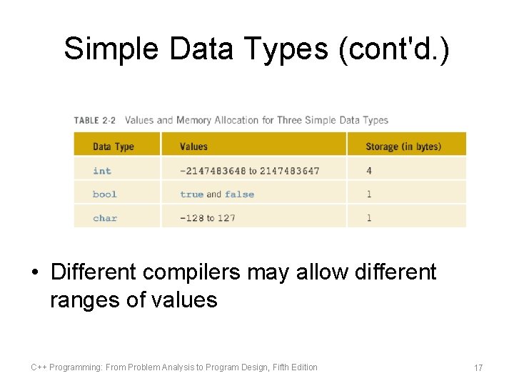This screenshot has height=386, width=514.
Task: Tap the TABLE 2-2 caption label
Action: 95,120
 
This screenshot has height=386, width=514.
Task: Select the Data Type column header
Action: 113,147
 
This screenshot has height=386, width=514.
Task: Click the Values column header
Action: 193,147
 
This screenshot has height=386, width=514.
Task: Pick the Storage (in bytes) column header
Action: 403,147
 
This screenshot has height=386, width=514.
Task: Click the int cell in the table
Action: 102,171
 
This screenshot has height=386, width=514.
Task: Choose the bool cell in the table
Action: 105,194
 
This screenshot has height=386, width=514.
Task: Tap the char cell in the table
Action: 105,218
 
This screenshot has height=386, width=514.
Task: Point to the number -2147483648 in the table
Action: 213,171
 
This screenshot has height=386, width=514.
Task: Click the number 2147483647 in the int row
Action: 290,171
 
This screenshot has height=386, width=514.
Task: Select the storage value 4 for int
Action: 369,171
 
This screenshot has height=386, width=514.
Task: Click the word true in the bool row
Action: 192,194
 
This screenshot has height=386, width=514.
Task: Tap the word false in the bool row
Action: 239,194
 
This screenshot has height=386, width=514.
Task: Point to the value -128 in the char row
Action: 192,218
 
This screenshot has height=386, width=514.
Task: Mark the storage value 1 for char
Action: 369,218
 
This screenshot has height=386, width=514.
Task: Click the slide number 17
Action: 478,367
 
